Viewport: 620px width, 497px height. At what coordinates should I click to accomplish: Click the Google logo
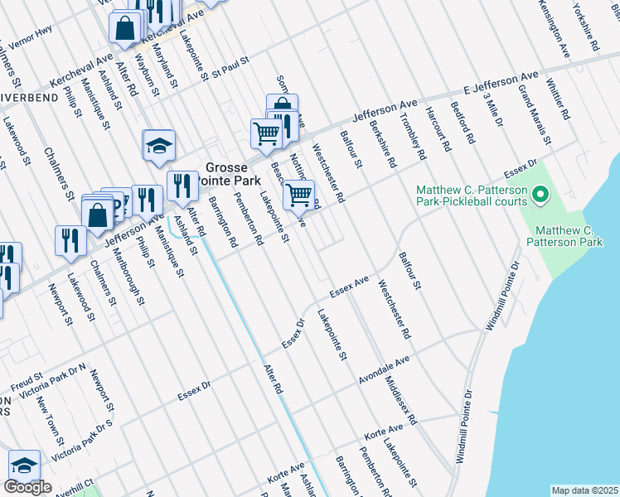point(27,487)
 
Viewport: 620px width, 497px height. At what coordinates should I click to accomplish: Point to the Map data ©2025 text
point(584,490)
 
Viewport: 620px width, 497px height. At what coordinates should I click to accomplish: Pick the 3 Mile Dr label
point(494,109)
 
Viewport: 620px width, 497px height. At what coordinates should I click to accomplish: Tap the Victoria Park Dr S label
point(81,440)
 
